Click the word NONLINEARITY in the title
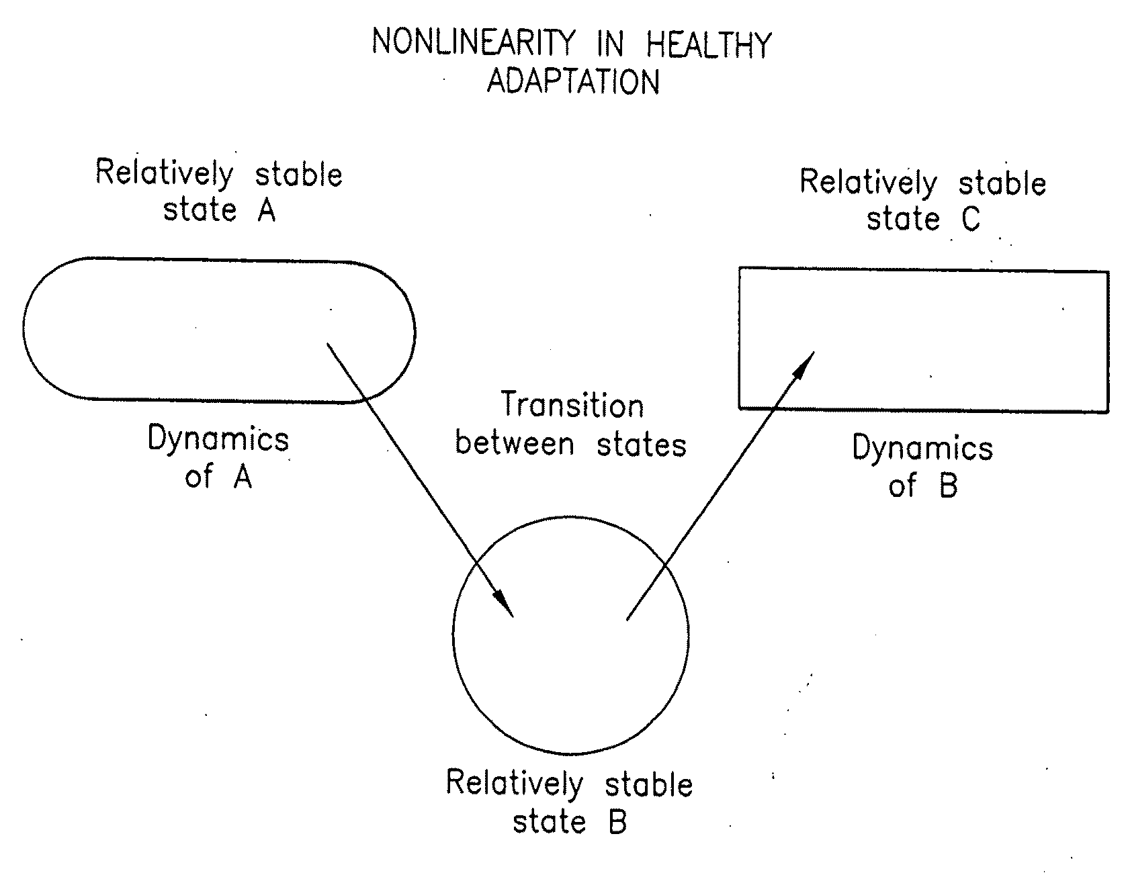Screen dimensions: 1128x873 [474, 44]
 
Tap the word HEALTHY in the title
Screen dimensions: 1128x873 [709, 45]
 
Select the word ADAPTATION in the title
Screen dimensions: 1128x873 [573, 81]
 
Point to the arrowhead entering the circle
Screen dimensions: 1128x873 [505, 604]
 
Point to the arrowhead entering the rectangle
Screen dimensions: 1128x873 [804, 363]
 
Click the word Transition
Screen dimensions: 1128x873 [572, 406]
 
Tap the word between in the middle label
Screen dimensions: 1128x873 [515, 445]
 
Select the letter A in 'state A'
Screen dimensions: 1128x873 [266, 210]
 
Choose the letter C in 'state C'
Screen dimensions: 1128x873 [971, 219]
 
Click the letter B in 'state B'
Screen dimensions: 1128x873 [617, 822]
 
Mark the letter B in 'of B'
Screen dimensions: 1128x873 [948, 485]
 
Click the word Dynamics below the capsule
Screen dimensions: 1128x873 [218, 440]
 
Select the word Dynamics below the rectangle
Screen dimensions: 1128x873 [922, 448]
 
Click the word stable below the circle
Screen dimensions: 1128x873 [648, 785]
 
